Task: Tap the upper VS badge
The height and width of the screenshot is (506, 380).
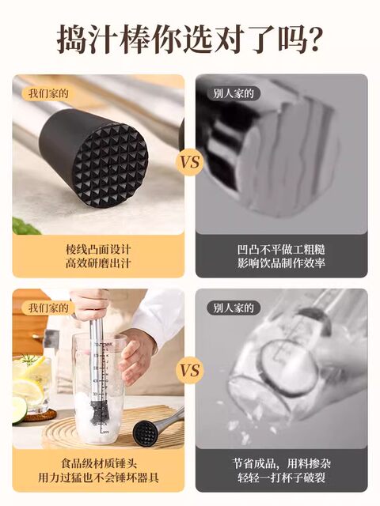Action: click(190, 163)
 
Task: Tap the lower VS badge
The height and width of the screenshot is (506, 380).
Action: click(190, 369)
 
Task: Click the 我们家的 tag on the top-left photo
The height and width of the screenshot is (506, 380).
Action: click(49, 93)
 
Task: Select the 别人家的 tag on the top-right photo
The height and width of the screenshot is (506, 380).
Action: click(233, 93)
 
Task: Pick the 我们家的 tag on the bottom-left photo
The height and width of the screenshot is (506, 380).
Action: click(49, 308)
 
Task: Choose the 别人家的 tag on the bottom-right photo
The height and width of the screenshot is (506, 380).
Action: click(233, 308)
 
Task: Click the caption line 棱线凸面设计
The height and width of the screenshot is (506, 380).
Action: click(97, 248)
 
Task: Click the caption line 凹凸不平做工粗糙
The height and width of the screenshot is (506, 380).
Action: click(281, 248)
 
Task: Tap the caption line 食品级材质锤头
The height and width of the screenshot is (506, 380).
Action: click(97, 463)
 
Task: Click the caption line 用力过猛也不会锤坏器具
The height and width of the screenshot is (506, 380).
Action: click(97, 478)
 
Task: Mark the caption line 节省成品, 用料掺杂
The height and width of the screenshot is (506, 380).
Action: click(281, 463)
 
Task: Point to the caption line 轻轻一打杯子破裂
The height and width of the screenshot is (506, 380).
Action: click(281, 478)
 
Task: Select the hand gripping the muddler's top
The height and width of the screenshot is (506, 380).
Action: click(89, 304)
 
